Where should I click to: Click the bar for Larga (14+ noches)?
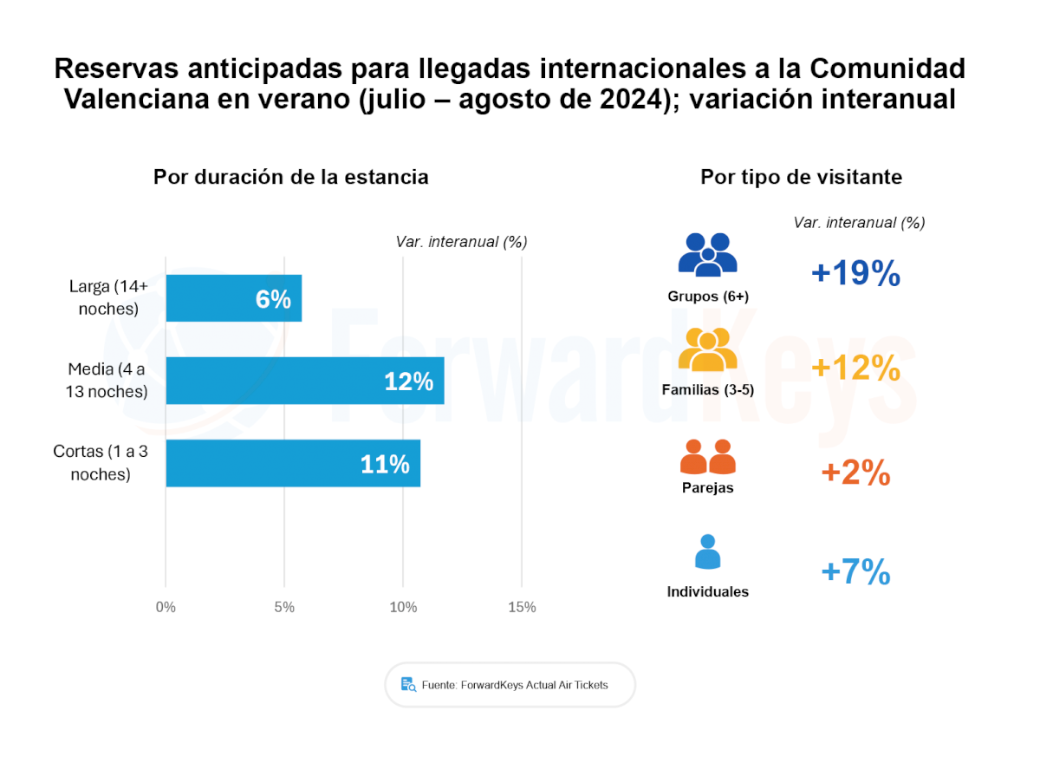(233, 298)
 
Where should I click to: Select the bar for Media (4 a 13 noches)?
(304, 381)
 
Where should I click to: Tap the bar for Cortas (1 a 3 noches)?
(293, 463)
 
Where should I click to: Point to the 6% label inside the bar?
(273, 299)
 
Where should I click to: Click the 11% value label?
(385, 464)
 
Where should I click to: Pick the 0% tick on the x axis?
(166, 607)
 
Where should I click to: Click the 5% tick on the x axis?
(284, 607)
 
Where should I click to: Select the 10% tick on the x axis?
(403, 607)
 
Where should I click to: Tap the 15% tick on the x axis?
(522, 607)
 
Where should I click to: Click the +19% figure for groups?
(855, 274)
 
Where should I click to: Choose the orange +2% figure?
(855, 473)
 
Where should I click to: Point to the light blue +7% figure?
(855, 572)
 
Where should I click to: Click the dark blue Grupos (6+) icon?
(707, 255)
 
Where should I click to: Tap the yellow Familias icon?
(707, 349)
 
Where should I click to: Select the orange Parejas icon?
(707, 456)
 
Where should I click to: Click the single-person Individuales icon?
(707, 551)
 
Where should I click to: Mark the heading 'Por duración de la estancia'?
(291, 177)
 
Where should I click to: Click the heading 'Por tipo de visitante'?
(801, 177)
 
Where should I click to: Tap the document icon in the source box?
(408, 684)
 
